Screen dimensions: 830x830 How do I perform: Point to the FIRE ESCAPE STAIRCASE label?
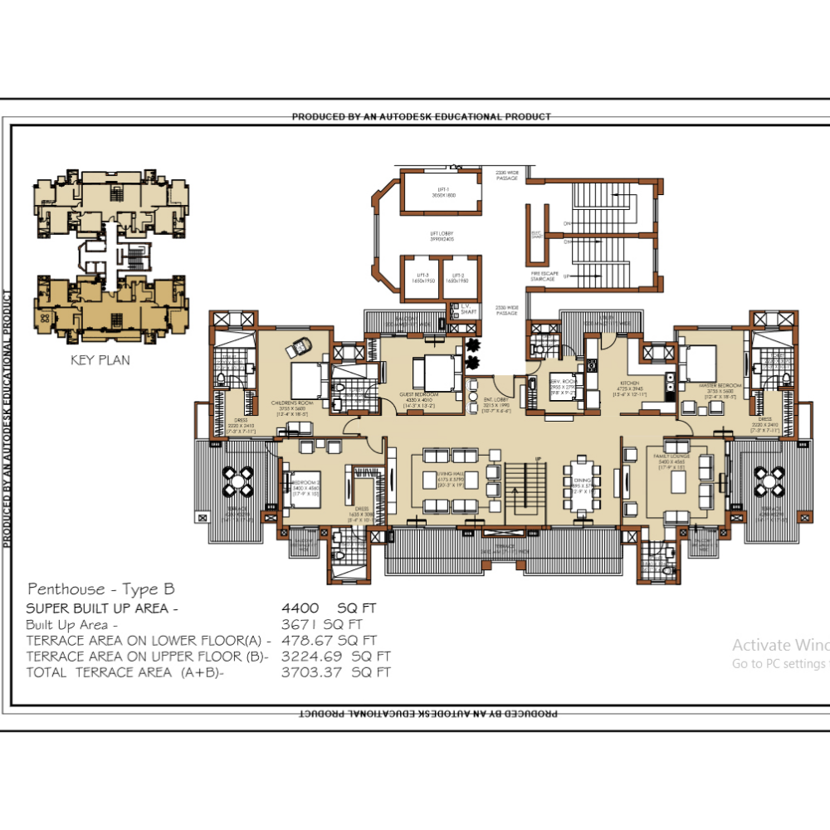[543, 276]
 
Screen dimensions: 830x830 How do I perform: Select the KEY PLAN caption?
[101, 360]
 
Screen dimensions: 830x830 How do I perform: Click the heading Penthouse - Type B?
[101, 589]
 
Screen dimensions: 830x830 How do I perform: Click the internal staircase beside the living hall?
[526, 490]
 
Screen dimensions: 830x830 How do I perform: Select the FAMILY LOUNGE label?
[673, 457]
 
